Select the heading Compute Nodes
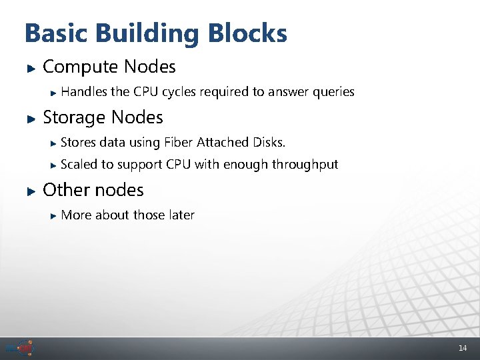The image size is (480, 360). coord(109,67)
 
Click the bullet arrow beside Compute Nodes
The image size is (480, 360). coord(29,67)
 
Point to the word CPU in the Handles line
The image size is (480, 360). coord(145,92)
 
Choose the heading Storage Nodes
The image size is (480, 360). coord(103,117)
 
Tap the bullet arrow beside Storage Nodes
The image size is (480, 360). coord(29,118)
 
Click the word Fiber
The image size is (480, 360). coord(178,142)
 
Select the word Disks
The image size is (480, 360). coord(269,142)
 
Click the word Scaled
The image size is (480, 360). coord(79,164)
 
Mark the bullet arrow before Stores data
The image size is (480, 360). coord(54,143)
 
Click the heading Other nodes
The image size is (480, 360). coord(93,190)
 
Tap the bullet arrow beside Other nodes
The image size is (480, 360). coord(29,191)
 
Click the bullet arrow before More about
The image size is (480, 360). coord(54,215)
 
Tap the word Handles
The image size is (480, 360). coord(85,92)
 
